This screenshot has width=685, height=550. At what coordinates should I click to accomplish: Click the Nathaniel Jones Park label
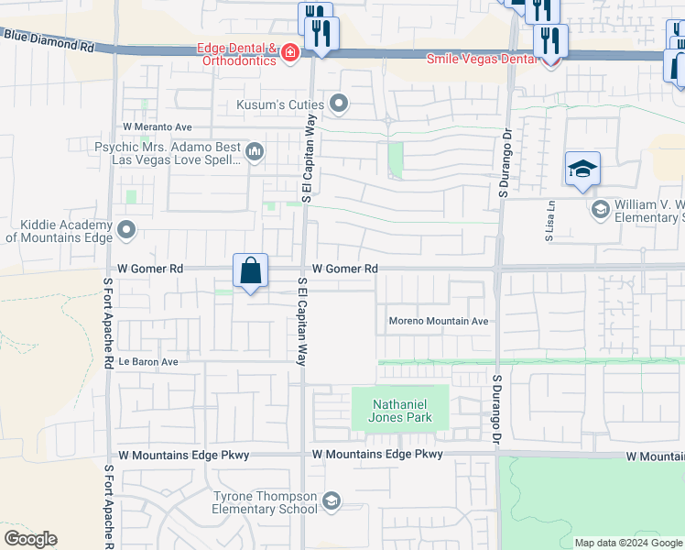point(400,410)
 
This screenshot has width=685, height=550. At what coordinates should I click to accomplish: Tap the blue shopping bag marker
point(250,271)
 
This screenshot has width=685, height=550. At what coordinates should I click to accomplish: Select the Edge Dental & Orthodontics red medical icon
point(290,53)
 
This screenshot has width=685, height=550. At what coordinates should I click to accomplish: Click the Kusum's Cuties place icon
point(340,104)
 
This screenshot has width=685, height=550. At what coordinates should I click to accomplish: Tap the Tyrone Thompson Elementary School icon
point(331,500)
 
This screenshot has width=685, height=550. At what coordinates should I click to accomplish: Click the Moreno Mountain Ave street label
point(439,322)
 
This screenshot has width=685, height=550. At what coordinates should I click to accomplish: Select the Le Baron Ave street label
point(148,362)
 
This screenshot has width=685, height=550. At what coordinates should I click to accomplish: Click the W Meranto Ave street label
point(158,126)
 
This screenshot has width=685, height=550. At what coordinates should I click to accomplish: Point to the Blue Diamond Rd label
point(49,39)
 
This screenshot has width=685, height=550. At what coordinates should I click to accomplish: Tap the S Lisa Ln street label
point(550,221)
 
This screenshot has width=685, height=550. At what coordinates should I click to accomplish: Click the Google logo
point(30,539)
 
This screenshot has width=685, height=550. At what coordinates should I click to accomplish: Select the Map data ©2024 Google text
point(629,543)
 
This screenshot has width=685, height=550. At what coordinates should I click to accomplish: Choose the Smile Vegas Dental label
point(480,59)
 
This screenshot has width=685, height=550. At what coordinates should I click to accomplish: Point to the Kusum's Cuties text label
point(280,104)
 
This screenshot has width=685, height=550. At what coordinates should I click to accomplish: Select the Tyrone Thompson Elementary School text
point(265,502)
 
